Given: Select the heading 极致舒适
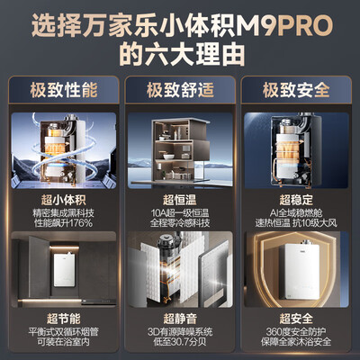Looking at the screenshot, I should click(x=179, y=90).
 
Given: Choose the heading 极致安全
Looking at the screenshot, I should click(x=296, y=90).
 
